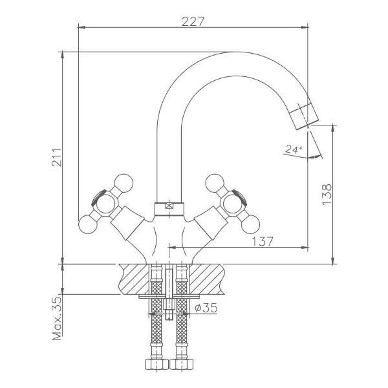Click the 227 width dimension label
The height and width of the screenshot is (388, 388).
pos(193,21)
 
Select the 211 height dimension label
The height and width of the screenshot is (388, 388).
pos(57,157)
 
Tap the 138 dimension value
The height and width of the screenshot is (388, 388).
pos(327,195)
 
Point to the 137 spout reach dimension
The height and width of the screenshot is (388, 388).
pos(263,241)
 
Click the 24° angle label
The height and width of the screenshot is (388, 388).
pos(294,149)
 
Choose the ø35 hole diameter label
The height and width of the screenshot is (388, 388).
pos(206,308)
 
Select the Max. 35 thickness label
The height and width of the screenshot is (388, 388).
pos(57,318)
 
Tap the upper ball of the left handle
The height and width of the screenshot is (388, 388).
pos(124,184)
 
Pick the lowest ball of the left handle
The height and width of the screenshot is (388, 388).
pos(88,224)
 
